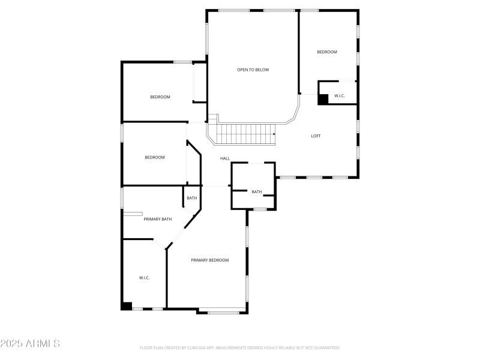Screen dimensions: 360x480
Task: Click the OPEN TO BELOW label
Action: (x=253, y=70)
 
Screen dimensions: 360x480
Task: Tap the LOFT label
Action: (x=316, y=136)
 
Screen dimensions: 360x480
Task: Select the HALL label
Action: (x=225, y=158)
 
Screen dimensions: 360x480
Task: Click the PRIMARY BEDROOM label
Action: (x=210, y=260)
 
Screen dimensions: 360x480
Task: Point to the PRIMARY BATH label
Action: (x=158, y=219)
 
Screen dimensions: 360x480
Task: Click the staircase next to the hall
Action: (x=245, y=134)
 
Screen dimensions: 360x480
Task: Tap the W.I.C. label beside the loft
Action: (x=339, y=96)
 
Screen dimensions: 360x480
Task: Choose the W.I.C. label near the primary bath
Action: (x=144, y=278)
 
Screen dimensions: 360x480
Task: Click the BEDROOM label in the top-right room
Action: (x=327, y=52)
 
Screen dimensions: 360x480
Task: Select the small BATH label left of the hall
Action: (x=192, y=198)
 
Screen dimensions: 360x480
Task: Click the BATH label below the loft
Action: (x=256, y=192)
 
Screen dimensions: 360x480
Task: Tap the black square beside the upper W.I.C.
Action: (x=323, y=100)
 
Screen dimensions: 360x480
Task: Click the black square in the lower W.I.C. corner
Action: (x=126, y=305)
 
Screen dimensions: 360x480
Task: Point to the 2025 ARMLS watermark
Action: (x=30, y=344)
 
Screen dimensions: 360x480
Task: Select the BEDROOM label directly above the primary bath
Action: (x=155, y=157)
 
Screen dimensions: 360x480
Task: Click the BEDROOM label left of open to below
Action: (x=160, y=97)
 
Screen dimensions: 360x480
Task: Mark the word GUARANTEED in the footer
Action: (x=327, y=347)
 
